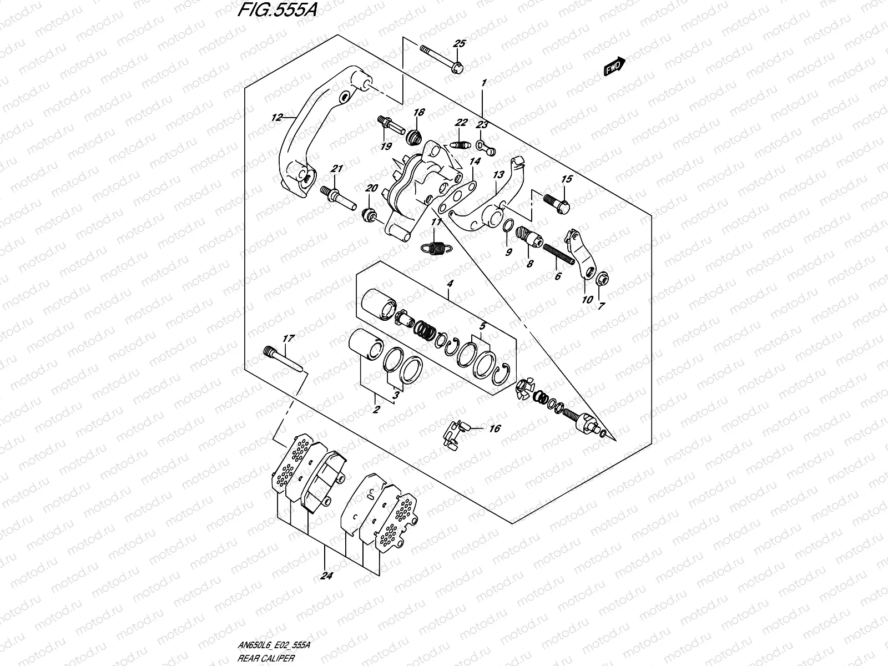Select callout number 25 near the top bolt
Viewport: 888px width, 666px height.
click(460, 44)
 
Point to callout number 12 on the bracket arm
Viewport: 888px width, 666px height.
click(277, 117)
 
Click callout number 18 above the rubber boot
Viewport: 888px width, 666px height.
click(418, 112)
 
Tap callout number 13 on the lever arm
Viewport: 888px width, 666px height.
click(499, 175)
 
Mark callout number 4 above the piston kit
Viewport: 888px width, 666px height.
click(450, 284)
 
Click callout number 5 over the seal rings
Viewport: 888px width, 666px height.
click(482, 327)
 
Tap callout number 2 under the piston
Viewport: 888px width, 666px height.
click(376, 410)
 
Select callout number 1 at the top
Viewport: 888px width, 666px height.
click(483, 83)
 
